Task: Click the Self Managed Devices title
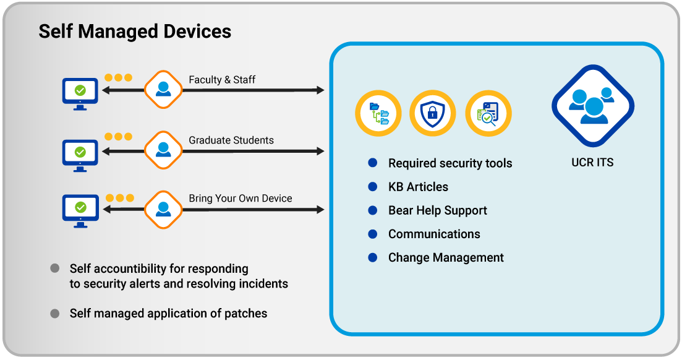135,32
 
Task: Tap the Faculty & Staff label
222,80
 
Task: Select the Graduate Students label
231,140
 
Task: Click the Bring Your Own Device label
240,199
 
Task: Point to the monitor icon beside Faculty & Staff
80,93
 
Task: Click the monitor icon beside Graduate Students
80,153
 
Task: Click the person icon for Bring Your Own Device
163,208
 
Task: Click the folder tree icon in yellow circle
378,114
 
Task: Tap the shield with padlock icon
433,114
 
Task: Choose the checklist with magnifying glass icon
488,114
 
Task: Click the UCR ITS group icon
593,106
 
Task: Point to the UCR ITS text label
592,163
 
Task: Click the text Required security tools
450,163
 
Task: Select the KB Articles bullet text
418,187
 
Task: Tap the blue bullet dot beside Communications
373,234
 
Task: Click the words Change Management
446,257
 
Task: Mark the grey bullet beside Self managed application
55,314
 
